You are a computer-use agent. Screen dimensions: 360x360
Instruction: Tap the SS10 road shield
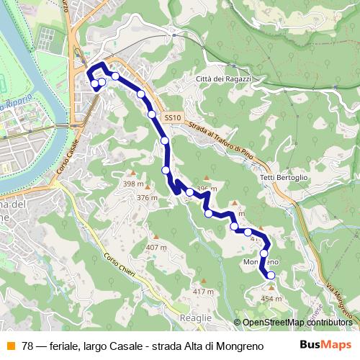[172, 117]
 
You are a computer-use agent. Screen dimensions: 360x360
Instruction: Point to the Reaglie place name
[197, 318]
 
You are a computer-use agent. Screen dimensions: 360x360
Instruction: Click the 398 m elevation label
[133, 184]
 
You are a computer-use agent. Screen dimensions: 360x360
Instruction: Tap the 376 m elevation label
[147, 198]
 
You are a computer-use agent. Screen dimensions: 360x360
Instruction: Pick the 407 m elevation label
[156, 248]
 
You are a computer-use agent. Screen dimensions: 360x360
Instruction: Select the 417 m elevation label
[203, 292]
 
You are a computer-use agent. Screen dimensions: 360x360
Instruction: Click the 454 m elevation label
[271, 298]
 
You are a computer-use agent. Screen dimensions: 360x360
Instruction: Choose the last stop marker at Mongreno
[271, 275]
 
